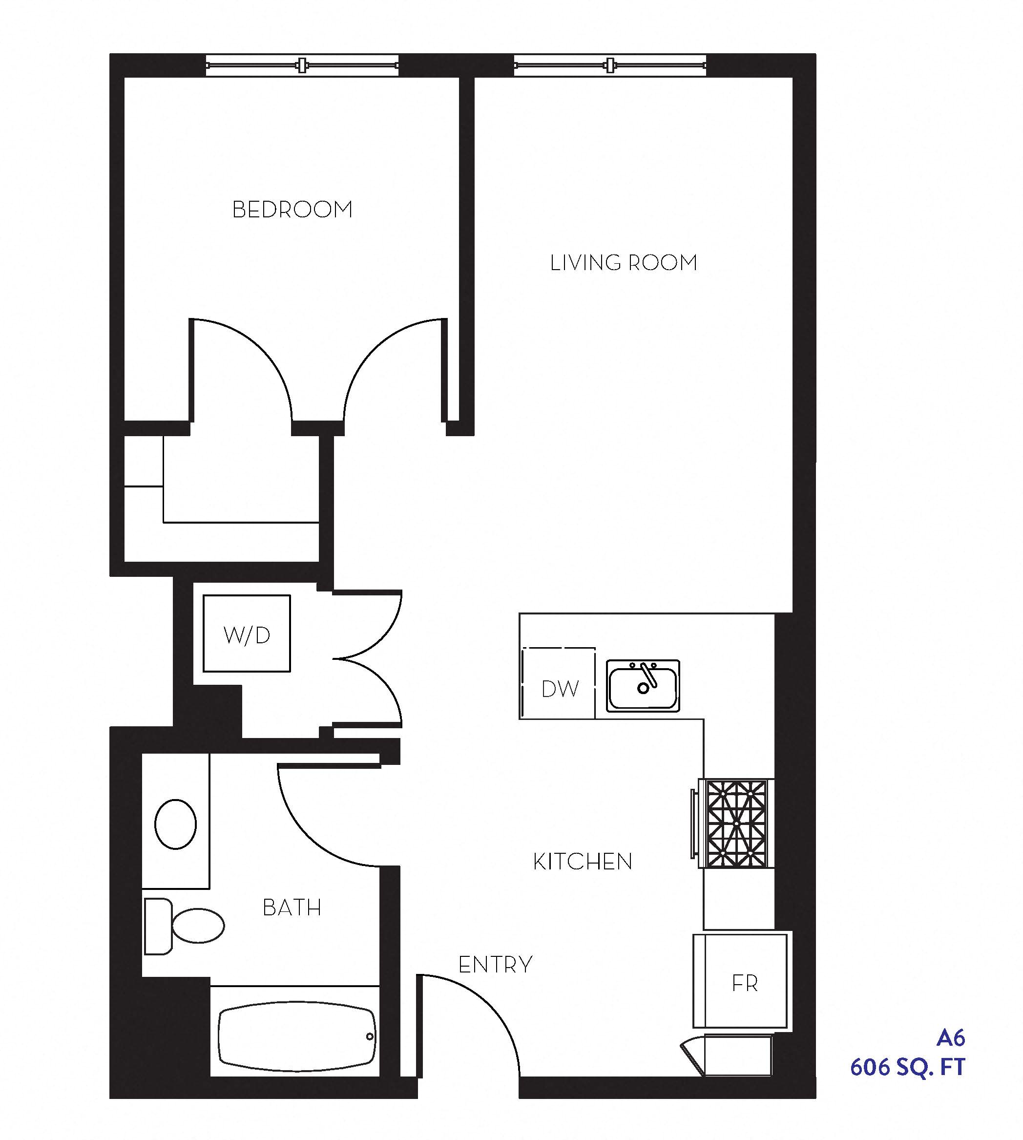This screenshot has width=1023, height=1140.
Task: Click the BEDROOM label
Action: [x=292, y=210]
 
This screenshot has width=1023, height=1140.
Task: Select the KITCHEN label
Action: [x=583, y=862]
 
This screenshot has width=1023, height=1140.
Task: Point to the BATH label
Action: [x=292, y=908]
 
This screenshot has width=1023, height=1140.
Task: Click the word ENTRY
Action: [x=495, y=965]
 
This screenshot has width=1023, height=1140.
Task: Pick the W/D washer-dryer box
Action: [x=247, y=633]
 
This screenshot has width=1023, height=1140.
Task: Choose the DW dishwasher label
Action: [x=560, y=689]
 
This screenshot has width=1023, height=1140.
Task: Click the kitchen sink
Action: [x=643, y=686]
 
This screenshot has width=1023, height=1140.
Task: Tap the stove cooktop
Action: [x=736, y=823]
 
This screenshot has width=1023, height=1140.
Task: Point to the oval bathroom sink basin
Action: [x=175, y=824]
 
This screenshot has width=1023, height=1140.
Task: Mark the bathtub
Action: [x=296, y=1036]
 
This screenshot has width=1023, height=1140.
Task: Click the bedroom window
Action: [x=302, y=66]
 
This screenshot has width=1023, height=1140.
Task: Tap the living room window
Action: [x=610, y=66]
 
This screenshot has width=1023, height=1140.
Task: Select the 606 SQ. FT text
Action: [x=907, y=1067]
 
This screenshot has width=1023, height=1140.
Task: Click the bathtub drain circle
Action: [x=370, y=1036]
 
